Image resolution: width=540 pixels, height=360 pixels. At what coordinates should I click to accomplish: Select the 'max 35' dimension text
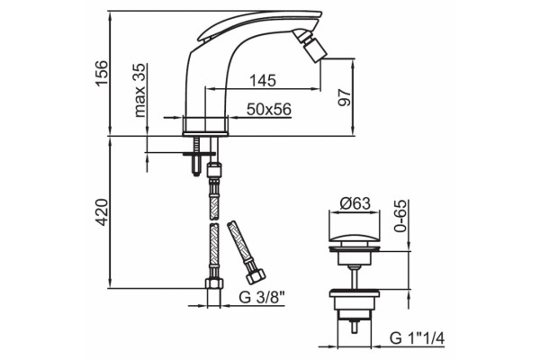coord(139,90)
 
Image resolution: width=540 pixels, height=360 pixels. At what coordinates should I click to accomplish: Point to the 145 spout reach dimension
coord(263,80)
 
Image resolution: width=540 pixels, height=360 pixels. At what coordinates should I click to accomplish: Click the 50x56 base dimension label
coord(269,110)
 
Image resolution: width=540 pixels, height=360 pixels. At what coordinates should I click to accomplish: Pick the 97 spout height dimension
coord(345,98)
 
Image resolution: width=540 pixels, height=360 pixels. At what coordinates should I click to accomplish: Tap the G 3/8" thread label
coord(263,297)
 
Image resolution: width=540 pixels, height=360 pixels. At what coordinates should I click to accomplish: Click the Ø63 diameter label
coord(355,203)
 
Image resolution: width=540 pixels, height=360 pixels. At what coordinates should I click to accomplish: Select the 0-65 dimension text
coord(400,216)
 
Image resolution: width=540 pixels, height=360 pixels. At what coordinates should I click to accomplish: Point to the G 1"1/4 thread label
coord(417,338)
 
